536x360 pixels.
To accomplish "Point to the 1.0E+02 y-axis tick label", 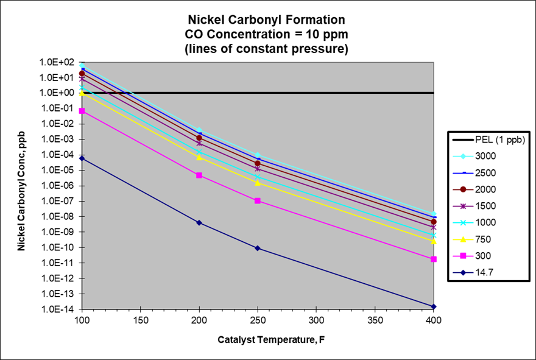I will pyautogui.click(x=59, y=62).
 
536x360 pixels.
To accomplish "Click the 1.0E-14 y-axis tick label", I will pyautogui.click(x=59, y=309).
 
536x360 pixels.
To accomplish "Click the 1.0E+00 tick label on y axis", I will pyautogui.click(x=59, y=93).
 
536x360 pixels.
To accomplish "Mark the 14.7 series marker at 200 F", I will pyautogui.click(x=199, y=223).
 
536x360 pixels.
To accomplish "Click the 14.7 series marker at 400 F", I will pyautogui.click(x=434, y=306).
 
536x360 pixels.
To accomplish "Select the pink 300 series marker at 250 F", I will pyautogui.click(x=258, y=201).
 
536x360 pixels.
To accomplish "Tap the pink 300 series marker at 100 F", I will pyautogui.click(x=82, y=111).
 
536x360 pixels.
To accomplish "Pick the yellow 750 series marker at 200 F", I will pyautogui.click(x=199, y=157).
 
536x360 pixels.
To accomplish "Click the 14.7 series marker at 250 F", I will pyautogui.click(x=258, y=248).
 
